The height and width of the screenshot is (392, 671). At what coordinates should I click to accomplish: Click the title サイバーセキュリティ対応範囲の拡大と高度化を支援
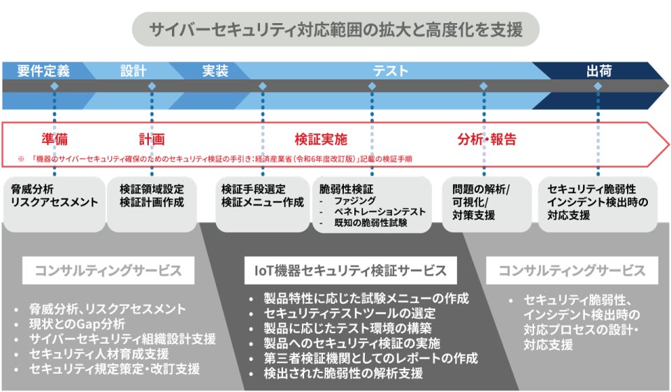tap(335, 29)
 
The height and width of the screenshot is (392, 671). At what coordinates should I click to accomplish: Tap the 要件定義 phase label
tap(43, 71)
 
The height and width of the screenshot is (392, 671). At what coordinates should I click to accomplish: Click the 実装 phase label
tap(215, 71)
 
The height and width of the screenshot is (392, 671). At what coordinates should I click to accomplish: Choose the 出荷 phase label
tap(599, 71)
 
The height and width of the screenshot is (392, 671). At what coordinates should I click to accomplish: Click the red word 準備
tap(55, 139)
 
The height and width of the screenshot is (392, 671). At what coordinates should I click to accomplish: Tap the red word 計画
tap(152, 139)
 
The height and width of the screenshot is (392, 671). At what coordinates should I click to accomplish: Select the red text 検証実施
tap(321, 139)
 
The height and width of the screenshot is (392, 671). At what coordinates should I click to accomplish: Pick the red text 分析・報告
tap(487, 139)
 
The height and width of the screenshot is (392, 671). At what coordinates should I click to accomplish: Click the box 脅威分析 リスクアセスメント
tap(54, 196)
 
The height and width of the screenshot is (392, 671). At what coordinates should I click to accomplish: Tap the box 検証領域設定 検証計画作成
tap(152, 196)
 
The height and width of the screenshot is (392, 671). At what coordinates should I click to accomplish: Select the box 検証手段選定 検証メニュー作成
tap(263, 196)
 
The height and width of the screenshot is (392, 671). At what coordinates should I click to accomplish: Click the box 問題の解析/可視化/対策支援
tap(482, 202)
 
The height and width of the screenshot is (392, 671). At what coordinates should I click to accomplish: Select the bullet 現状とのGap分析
tap(78, 323)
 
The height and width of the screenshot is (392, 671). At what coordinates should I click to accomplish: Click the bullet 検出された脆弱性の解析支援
tap(343, 373)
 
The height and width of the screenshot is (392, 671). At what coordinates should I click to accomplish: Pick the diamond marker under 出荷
tap(598, 86)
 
